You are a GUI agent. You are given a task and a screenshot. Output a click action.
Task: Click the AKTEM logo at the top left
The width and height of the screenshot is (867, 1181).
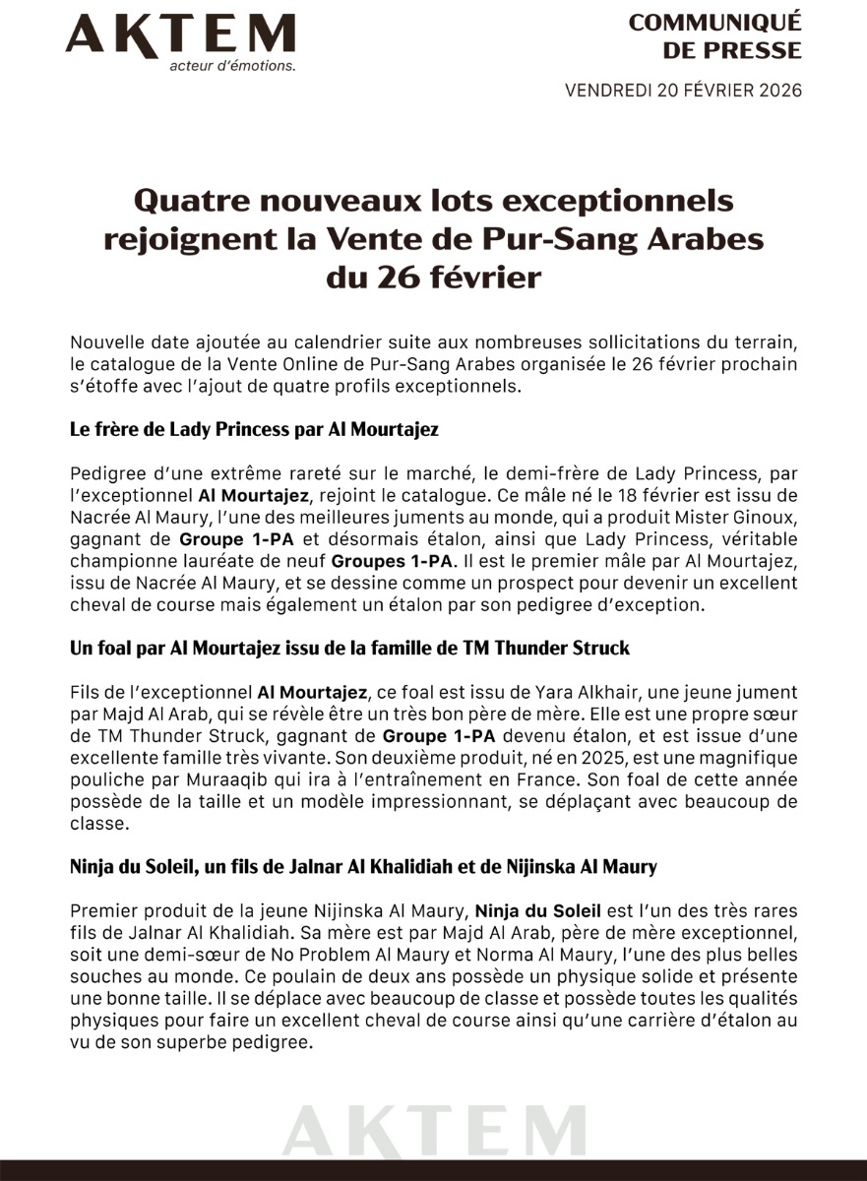point(180,34)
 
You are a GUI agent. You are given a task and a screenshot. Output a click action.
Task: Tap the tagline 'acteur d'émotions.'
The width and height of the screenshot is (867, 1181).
point(232,66)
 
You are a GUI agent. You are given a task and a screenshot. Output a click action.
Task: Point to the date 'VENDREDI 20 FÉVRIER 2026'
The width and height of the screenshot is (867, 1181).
point(683,91)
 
